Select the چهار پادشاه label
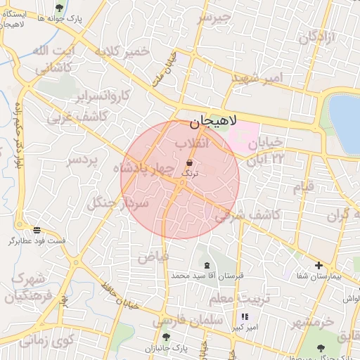pos(146,169)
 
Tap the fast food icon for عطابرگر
pos(37,230)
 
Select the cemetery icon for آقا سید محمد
pos(206,265)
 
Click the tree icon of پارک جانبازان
pos(166,337)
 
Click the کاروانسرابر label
pos(102,95)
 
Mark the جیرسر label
pos(214,18)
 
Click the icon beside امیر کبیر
pos(244,317)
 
